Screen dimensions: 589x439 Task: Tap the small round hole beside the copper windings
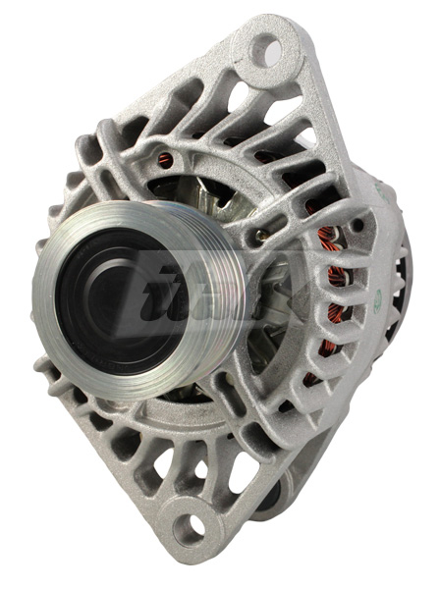click(x=356, y=225)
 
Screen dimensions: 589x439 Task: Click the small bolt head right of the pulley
click(x=257, y=237)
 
